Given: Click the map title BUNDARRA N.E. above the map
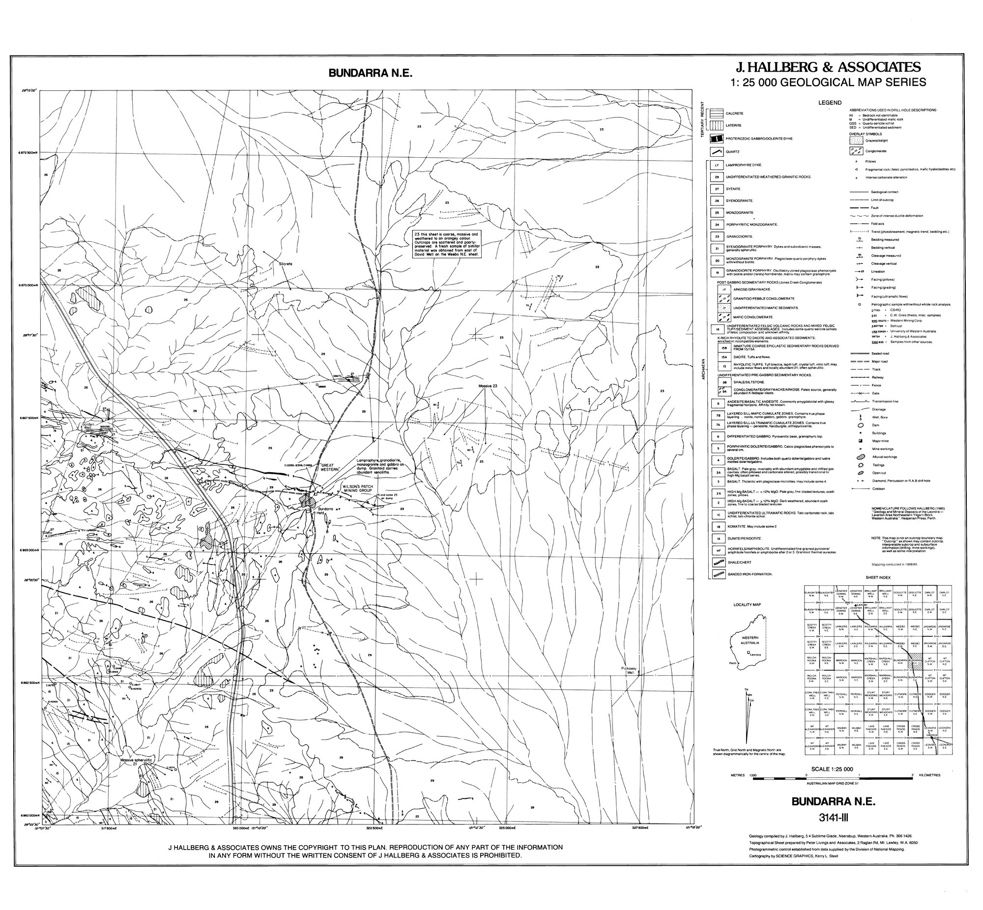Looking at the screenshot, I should coord(370,73).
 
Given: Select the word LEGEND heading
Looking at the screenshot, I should coord(829,103).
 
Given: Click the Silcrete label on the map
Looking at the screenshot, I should coord(286,264).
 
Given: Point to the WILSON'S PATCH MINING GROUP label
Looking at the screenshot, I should coord(360,487).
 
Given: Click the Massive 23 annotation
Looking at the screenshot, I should coord(488,386).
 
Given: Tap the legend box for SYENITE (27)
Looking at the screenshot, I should coord(717,189).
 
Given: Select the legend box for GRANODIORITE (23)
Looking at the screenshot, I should coord(717,236).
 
